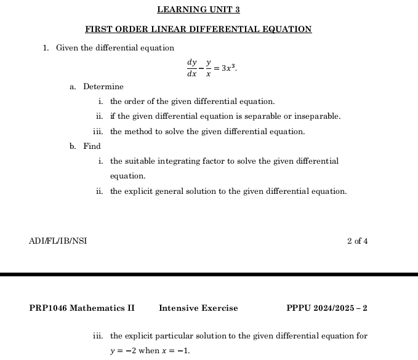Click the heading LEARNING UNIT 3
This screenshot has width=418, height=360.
coord(198,10)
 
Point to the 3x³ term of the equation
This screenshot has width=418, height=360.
coord(228,66)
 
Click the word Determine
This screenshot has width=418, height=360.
coord(103,87)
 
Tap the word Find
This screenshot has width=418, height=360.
coord(92,146)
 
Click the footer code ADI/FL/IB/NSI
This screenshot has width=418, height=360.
coord(58,241)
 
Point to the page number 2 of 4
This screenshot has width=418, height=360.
coord(358,241)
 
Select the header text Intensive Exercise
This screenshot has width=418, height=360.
coord(198,308)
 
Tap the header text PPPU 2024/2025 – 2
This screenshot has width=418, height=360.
coord(327,308)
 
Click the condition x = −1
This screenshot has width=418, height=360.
coord(176,351)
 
